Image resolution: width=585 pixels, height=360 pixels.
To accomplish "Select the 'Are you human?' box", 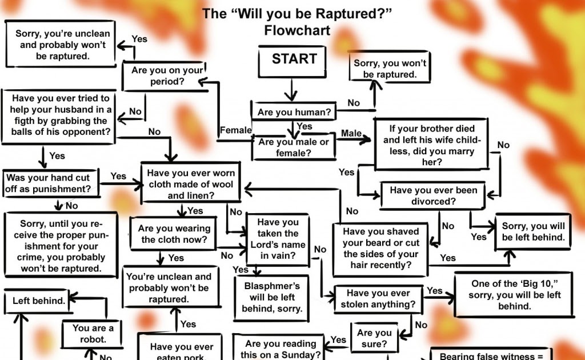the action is pyautogui.click(x=294, y=112).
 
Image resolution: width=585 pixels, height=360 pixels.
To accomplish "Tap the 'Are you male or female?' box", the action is pyautogui.click(x=294, y=147).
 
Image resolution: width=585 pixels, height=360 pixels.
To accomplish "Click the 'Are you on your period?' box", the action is pyautogui.click(x=167, y=76).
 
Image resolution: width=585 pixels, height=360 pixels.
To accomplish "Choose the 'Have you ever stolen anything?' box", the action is pyautogui.click(x=378, y=298).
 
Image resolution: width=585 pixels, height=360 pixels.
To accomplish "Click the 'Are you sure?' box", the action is pyautogui.click(x=374, y=338).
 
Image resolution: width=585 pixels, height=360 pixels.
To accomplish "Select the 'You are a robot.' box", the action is pyautogui.click(x=93, y=334).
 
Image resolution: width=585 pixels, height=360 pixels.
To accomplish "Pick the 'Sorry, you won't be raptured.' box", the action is pyautogui.click(x=390, y=69).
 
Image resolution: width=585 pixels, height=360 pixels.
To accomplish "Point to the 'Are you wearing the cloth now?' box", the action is pyautogui.click(x=174, y=234).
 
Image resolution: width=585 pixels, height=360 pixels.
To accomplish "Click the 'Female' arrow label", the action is pyautogui.click(x=235, y=130).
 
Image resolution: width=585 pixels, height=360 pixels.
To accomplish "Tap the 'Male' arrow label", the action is pyautogui.click(x=351, y=133).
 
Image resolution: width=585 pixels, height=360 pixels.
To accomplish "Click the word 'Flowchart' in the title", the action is pyautogui.click(x=297, y=30).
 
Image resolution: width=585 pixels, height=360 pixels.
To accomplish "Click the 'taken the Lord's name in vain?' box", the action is pyautogui.click(x=278, y=239).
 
